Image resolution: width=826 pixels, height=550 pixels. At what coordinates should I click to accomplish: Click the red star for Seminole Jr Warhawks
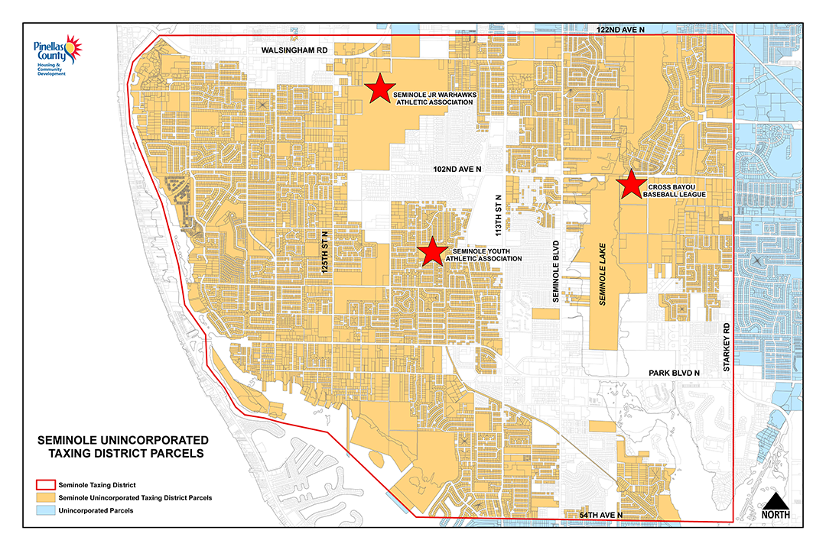(379, 89)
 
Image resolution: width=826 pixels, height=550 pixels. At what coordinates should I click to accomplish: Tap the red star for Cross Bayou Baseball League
(631, 184)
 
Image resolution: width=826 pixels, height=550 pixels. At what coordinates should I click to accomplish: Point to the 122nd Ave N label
(620, 29)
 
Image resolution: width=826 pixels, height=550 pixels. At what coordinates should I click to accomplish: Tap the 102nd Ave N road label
(457, 168)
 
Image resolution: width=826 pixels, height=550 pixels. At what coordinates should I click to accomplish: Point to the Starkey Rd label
(727, 348)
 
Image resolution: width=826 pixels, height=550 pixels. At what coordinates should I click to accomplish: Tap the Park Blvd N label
(675, 372)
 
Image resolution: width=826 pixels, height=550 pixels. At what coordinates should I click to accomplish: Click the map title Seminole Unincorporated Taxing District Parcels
(122, 447)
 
